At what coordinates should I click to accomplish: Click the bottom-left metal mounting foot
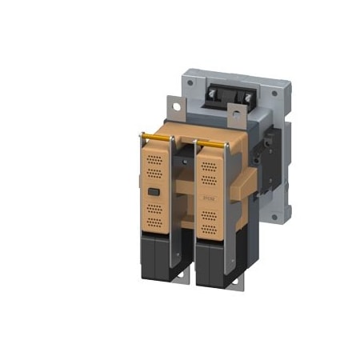(182, 279)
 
